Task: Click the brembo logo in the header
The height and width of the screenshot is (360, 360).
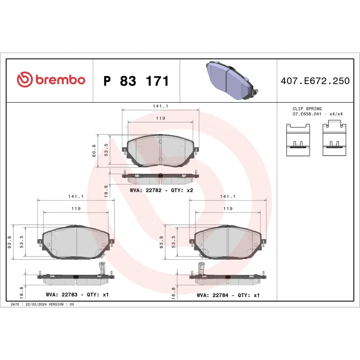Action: point(51,80)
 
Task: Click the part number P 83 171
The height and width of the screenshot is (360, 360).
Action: point(136,81)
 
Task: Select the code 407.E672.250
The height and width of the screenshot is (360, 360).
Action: point(315,81)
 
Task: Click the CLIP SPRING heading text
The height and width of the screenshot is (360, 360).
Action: point(307,109)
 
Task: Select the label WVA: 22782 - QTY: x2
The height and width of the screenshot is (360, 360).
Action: point(161,190)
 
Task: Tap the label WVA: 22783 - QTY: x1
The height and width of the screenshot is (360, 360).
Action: point(77,295)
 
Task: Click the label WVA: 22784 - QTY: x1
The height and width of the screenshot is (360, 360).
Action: point(228,295)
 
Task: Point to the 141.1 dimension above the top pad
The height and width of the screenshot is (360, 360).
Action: point(161,106)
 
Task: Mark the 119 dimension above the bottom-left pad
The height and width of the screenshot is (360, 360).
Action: point(76,208)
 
